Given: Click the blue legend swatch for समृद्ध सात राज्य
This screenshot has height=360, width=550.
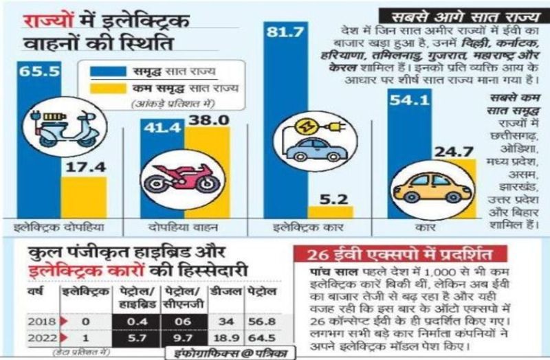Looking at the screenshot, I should pyautogui.click(x=106, y=69).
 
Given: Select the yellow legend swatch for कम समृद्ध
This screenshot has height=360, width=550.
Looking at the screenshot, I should pyautogui.click(x=106, y=88).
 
